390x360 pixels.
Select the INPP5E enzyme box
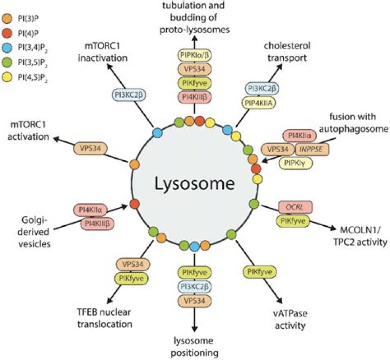pyautogui.click(x=298, y=149)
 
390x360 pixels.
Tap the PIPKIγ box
pyautogui.click(x=298, y=161)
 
